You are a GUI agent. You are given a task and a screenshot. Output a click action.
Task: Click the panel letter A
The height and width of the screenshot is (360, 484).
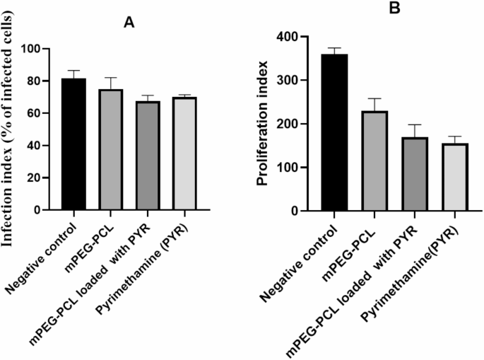[x=129, y=23]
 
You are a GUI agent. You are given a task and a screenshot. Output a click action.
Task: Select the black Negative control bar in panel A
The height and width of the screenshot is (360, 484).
[x=74, y=144]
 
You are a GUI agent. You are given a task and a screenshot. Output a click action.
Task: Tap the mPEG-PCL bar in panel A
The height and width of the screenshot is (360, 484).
[x=110, y=150]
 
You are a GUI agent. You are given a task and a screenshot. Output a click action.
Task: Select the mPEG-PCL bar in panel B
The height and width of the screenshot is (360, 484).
[x=375, y=161]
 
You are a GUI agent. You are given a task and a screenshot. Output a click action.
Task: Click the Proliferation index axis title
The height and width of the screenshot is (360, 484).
[x=264, y=124]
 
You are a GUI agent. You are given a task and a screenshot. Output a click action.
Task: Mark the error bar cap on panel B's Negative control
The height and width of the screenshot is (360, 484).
[x=334, y=48]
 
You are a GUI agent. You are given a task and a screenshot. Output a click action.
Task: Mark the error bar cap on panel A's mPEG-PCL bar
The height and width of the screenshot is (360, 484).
[x=110, y=78]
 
